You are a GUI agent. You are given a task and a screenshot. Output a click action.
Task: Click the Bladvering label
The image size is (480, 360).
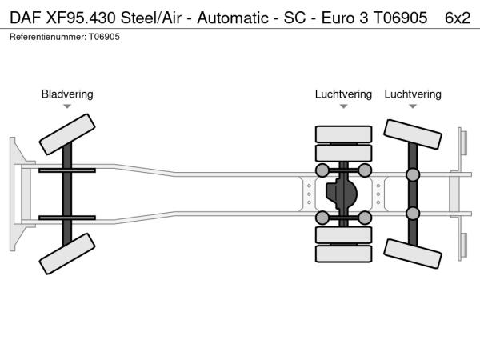tap(67, 94)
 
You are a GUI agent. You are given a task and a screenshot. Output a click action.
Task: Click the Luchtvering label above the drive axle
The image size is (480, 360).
tap(343, 94)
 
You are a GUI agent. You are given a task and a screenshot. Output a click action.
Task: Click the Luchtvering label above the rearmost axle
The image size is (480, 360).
tap(413, 94)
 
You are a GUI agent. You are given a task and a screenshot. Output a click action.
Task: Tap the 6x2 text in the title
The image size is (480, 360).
tap(457, 17)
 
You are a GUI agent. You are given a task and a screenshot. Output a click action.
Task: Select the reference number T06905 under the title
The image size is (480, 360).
tap(104, 37)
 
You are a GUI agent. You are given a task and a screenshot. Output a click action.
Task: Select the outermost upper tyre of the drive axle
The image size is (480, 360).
tap(343, 134)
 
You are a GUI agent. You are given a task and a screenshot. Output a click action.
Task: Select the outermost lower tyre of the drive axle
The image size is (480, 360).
tap(343, 254)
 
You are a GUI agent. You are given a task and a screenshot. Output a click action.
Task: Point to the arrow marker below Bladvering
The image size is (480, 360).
tap(67, 106)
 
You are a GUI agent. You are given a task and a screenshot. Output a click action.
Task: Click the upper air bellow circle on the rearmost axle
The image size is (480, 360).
tap(413, 175)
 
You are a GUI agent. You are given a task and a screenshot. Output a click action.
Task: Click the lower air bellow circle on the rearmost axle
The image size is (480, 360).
tap(413, 214)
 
